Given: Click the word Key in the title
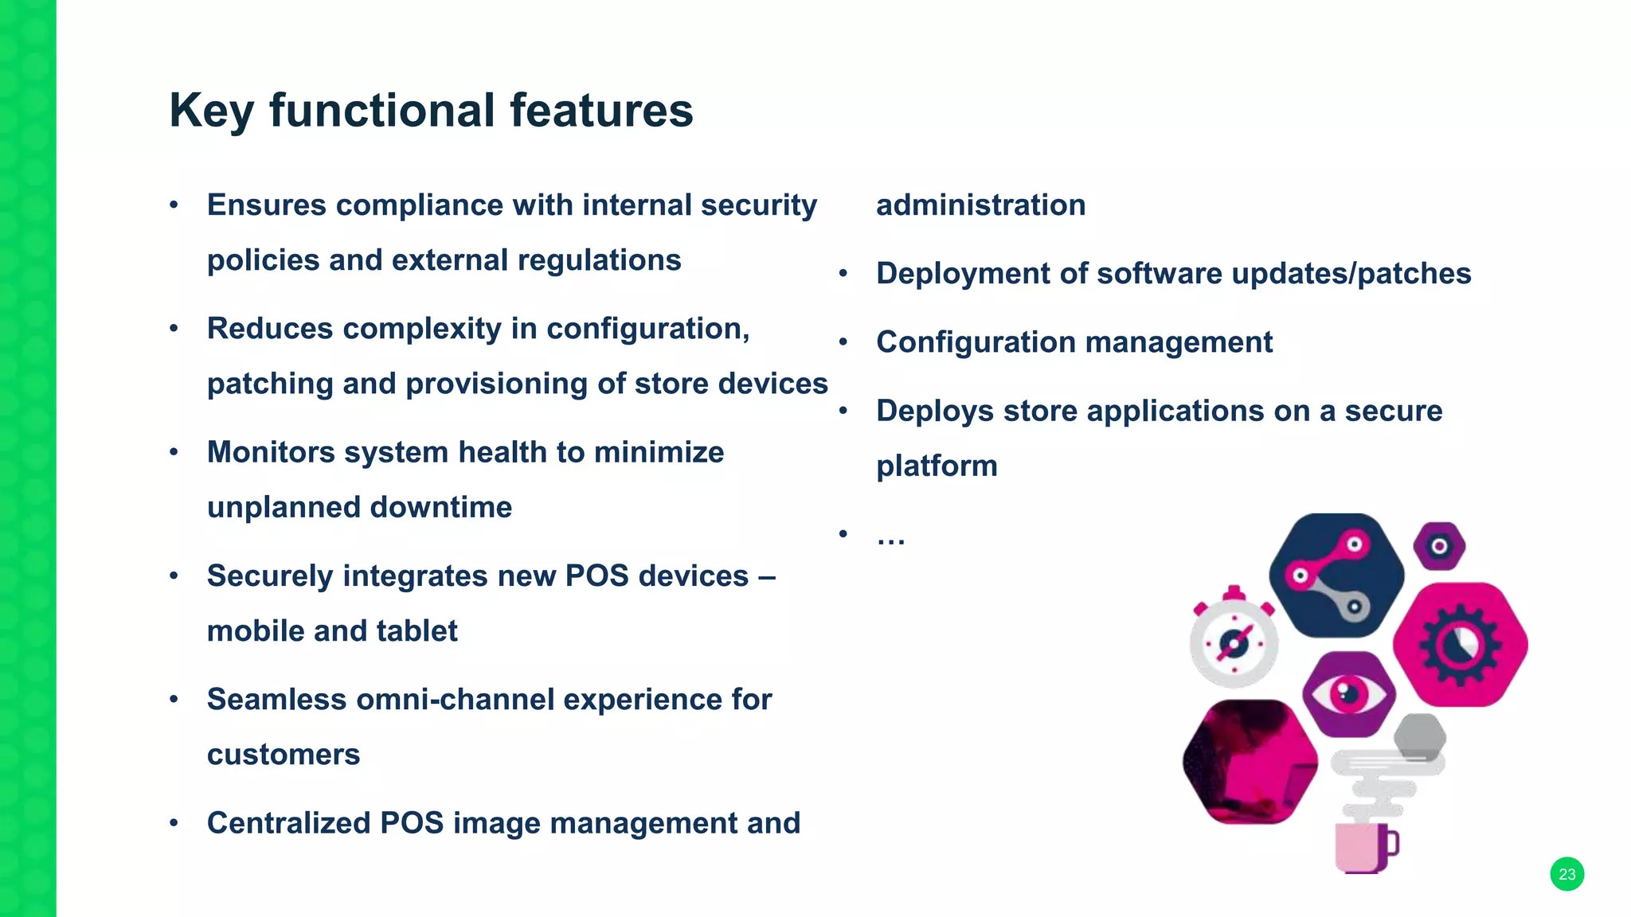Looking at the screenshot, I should [x=211, y=111].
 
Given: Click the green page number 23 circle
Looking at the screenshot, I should [x=1566, y=874].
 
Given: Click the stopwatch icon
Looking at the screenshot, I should [x=1234, y=640].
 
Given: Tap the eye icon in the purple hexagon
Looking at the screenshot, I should [x=1348, y=694].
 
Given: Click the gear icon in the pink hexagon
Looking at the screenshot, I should [x=1460, y=645].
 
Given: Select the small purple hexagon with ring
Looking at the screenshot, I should [x=1439, y=546].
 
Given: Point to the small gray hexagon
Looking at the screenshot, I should [x=1420, y=736].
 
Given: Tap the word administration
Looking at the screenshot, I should [x=980, y=205].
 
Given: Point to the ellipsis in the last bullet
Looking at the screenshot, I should [x=890, y=538].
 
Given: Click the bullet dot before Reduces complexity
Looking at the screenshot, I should [x=174, y=329].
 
